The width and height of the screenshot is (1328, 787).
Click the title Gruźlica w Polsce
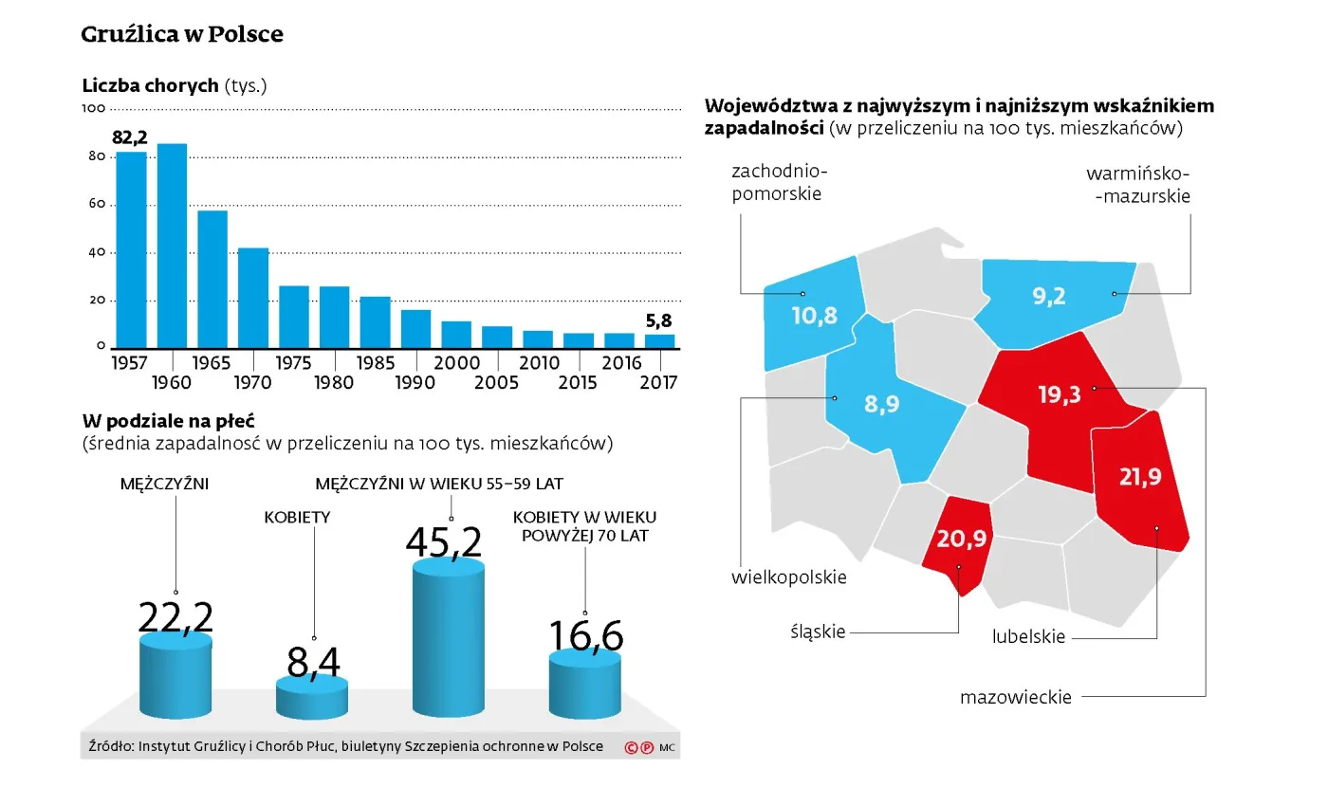182,35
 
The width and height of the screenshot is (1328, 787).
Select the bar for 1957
132,250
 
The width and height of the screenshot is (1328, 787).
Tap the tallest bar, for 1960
172,247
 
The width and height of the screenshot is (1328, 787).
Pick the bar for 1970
253,299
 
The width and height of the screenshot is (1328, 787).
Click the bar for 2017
660,341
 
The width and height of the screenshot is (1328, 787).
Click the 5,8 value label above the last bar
659,321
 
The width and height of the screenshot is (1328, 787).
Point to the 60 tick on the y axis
94,205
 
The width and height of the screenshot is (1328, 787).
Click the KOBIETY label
297,518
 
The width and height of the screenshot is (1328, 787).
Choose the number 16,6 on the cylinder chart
585,636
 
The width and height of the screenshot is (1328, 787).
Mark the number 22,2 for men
175,617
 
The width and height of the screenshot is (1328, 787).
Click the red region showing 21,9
1140,484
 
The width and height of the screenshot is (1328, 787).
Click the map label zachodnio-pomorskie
779,183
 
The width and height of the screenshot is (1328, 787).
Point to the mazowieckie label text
1015,698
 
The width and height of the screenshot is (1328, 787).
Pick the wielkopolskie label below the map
788,577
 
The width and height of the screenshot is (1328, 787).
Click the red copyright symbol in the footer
631,747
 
